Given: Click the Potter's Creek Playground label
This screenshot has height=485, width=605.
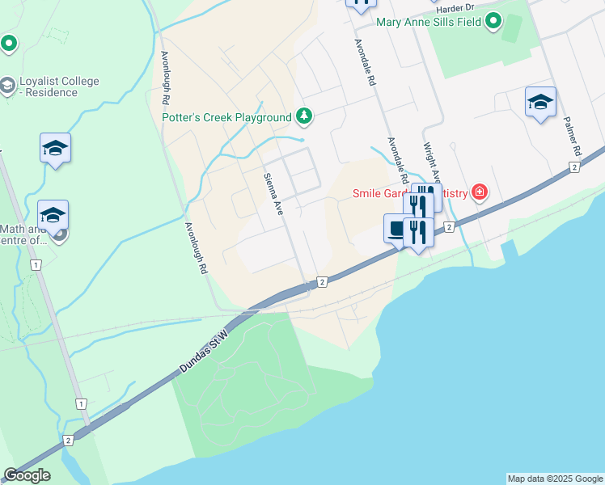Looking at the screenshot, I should pos(226,117).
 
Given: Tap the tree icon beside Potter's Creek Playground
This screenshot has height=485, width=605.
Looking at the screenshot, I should pos(303,117).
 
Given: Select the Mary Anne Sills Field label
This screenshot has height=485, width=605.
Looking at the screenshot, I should pos(428,22).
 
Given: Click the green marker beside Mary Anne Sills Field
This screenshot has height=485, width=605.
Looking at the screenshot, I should pos(493,23).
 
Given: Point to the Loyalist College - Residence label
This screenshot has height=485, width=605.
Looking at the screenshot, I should pos(49,86).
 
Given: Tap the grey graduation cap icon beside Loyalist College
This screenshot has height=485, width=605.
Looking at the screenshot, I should pos(7,85).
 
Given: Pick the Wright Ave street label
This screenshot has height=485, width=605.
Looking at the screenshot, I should pos(432,164).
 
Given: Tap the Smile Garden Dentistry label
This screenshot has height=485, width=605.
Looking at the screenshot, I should pos(408,193).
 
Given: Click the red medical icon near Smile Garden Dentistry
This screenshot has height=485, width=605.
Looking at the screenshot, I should pos(480,192).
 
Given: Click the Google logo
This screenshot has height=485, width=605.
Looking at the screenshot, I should pos(27,475).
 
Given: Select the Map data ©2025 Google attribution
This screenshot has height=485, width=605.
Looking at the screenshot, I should pos(555,479).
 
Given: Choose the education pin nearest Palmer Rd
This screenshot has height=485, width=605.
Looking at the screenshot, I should pos(540,102).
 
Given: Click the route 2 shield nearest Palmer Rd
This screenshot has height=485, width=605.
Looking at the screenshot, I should pos(574,167).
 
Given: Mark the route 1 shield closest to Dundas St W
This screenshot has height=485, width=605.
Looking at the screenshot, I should pos(80,403).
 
